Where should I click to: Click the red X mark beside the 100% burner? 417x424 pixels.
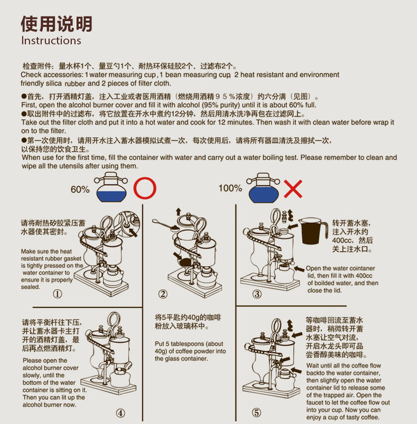click(x=293, y=189)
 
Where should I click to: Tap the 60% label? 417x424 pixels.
click(x=80, y=189)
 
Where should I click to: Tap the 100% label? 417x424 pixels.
click(x=230, y=188)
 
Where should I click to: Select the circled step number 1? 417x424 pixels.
click(x=57, y=294)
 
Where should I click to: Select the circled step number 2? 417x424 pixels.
click(x=163, y=294)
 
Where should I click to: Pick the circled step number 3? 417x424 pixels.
click(x=256, y=294)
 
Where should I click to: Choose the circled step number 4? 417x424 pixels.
click(x=121, y=413)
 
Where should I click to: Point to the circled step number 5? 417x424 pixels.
click(x=256, y=413)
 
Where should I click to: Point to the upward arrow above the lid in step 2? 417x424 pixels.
click(x=178, y=212)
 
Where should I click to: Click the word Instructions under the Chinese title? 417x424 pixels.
click(x=51, y=41)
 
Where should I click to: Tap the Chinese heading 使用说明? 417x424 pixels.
click(x=57, y=24)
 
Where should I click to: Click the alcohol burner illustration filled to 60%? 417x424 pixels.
click(x=111, y=187)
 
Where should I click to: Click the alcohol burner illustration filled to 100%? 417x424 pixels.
click(x=263, y=188)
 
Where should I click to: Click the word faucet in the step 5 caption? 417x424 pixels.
click(x=316, y=402)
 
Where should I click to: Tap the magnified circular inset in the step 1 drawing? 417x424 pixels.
click(x=127, y=224)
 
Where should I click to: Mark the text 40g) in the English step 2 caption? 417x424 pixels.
click(x=161, y=351)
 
